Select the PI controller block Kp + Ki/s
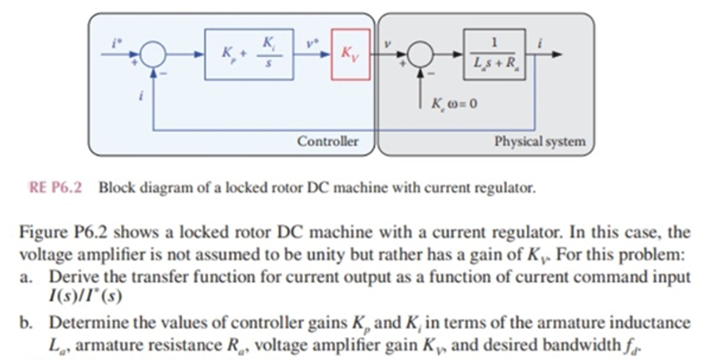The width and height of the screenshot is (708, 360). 250,55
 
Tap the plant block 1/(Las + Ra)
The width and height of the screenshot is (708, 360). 495,54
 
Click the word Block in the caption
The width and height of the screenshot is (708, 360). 115,188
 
